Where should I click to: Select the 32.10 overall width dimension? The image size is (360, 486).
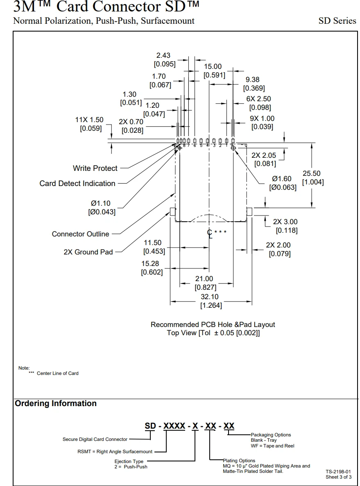[209, 297]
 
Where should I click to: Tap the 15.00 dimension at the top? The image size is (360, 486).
[213, 66]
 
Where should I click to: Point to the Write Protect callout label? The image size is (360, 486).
[95, 168]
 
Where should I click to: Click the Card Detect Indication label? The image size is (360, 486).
[77, 184]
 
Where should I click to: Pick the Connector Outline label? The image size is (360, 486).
[81, 234]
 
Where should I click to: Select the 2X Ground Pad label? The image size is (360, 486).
[88, 252]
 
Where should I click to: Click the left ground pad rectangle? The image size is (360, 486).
[173, 211]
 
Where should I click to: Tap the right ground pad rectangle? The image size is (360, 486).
[249, 211]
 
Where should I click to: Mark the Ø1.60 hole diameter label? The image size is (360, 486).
[282, 179]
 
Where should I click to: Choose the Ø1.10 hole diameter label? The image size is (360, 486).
[101, 204]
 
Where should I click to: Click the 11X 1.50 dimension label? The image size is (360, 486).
[89, 120]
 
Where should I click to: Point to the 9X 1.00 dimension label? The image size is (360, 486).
[262, 118]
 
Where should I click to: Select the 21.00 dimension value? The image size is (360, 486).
[204, 279]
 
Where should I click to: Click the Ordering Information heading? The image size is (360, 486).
[56, 404]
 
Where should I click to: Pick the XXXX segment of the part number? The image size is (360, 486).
[174, 426]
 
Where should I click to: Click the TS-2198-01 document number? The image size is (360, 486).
[338, 472]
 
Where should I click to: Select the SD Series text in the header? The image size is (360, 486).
[337, 21]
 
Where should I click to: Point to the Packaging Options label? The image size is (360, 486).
[271, 435]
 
